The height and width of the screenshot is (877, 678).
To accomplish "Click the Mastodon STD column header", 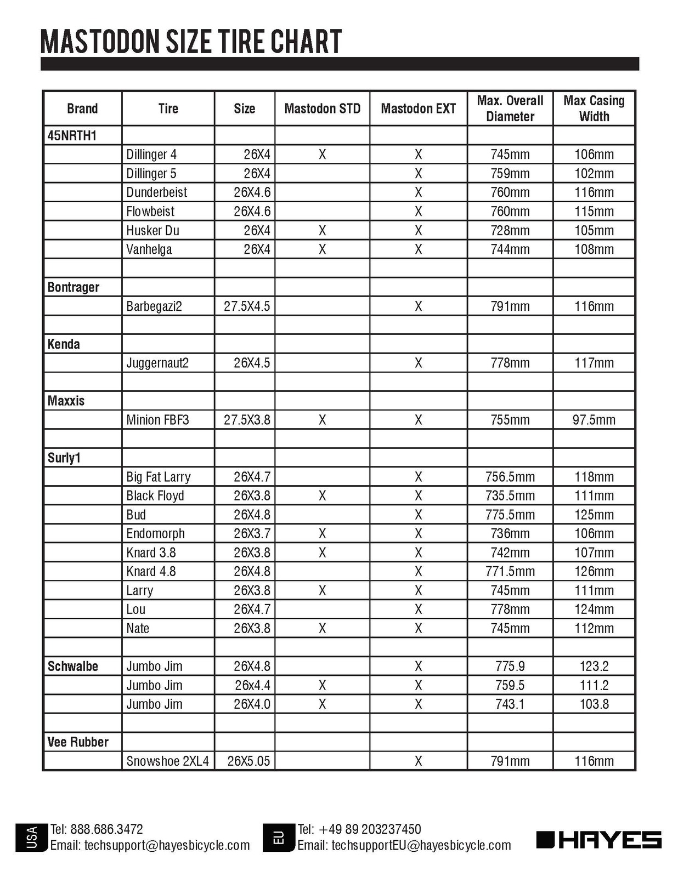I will [x=322, y=109].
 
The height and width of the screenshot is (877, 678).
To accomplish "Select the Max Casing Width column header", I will [x=594, y=109].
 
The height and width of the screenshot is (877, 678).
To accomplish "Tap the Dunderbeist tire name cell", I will [x=156, y=192].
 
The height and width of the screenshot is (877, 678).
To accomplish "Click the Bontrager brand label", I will [x=74, y=287].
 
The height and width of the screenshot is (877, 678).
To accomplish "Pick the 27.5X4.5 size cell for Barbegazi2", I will [x=247, y=306].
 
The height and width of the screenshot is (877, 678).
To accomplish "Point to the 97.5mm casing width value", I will [x=594, y=420].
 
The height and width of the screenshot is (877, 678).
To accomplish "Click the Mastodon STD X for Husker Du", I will [x=322, y=230].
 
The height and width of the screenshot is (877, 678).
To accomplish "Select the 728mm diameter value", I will [x=510, y=230].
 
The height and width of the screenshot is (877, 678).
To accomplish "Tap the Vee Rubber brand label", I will [x=78, y=742].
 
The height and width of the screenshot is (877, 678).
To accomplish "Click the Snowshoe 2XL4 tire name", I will [x=167, y=761].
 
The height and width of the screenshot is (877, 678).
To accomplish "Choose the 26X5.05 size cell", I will [x=248, y=761].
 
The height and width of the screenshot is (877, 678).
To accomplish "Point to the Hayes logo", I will [x=599, y=840].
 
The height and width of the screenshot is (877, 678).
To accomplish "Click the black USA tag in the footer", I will [x=32, y=838].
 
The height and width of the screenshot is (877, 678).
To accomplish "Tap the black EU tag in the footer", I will [x=279, y=838].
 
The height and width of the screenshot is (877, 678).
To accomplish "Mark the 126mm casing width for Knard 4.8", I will [x=594, y=572].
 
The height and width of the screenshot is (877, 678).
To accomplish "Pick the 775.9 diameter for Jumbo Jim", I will [x=510, y=667].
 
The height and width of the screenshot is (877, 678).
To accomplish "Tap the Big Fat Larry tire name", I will [x=158, y=477].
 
